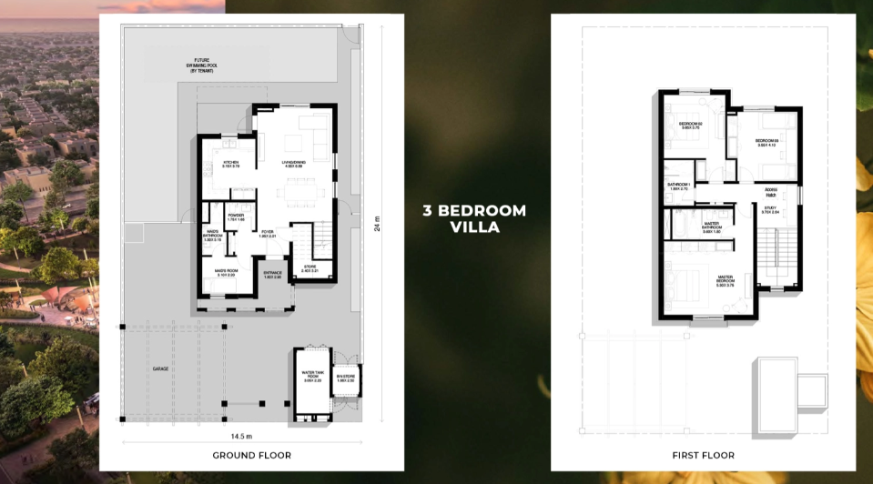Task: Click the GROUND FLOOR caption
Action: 251,454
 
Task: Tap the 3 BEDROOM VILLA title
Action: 474,218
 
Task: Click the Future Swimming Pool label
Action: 198,65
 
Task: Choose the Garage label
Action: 159,368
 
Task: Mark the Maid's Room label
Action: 225,272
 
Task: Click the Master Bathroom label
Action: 712,228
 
